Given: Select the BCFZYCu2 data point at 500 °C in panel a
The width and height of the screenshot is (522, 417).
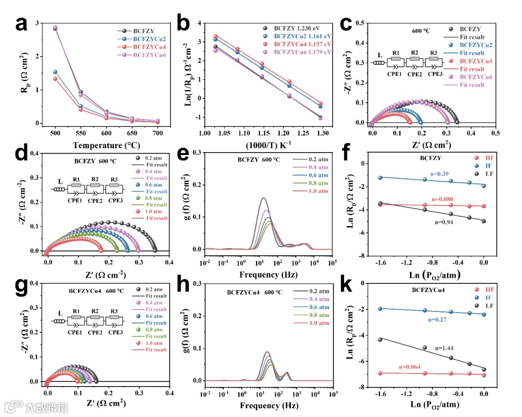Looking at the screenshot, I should pos(55,72).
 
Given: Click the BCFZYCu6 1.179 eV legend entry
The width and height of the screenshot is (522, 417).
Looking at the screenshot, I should pos(303,52).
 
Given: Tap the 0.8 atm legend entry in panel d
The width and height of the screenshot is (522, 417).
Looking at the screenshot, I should pos(154,198).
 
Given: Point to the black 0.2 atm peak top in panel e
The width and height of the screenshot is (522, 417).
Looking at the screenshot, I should pos(263,198).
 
